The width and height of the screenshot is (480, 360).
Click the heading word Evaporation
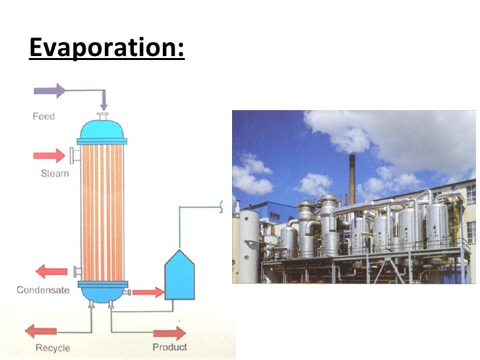coord(106,48)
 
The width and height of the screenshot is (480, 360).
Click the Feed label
coord(44,117)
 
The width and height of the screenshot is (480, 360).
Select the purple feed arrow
coord(49,91)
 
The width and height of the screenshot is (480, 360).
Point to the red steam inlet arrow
coord(50,156)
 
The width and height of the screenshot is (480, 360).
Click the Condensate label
coord(43,289)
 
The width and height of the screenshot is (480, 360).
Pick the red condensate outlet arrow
coord(51,272)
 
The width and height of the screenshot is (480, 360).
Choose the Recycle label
coord(53,347)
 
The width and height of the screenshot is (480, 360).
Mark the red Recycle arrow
coord(41,332)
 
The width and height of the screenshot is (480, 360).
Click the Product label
coord(169,347)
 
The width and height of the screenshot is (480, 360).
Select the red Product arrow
coord(170,332)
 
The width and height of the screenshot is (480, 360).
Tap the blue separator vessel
coord(179,276)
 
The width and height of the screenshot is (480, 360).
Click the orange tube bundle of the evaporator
coord(102,211)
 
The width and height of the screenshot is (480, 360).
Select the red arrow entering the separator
coord(148,291)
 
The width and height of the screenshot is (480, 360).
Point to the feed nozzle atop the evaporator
coord(103,117)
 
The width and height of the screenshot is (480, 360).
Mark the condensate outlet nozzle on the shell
coord(77,272)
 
